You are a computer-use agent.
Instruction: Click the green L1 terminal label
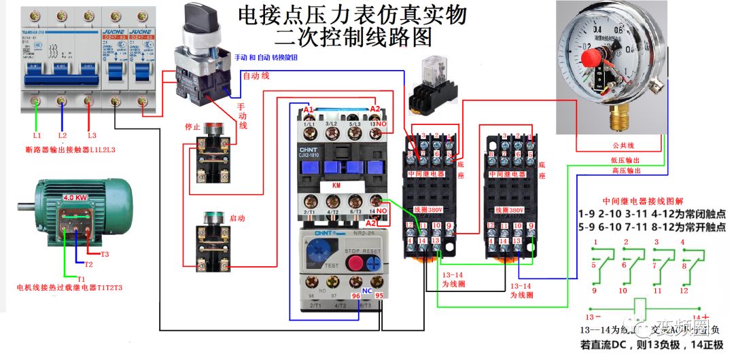[x=37, y=136]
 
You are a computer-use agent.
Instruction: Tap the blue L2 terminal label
[x=63, y=136]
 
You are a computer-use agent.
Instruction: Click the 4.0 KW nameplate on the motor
[x=75, y=198]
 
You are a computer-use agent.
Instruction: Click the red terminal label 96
[x=355, y=296]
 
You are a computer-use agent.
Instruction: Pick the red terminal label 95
[x=379, y=296]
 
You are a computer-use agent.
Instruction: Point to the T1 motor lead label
[x=82, y=278]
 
